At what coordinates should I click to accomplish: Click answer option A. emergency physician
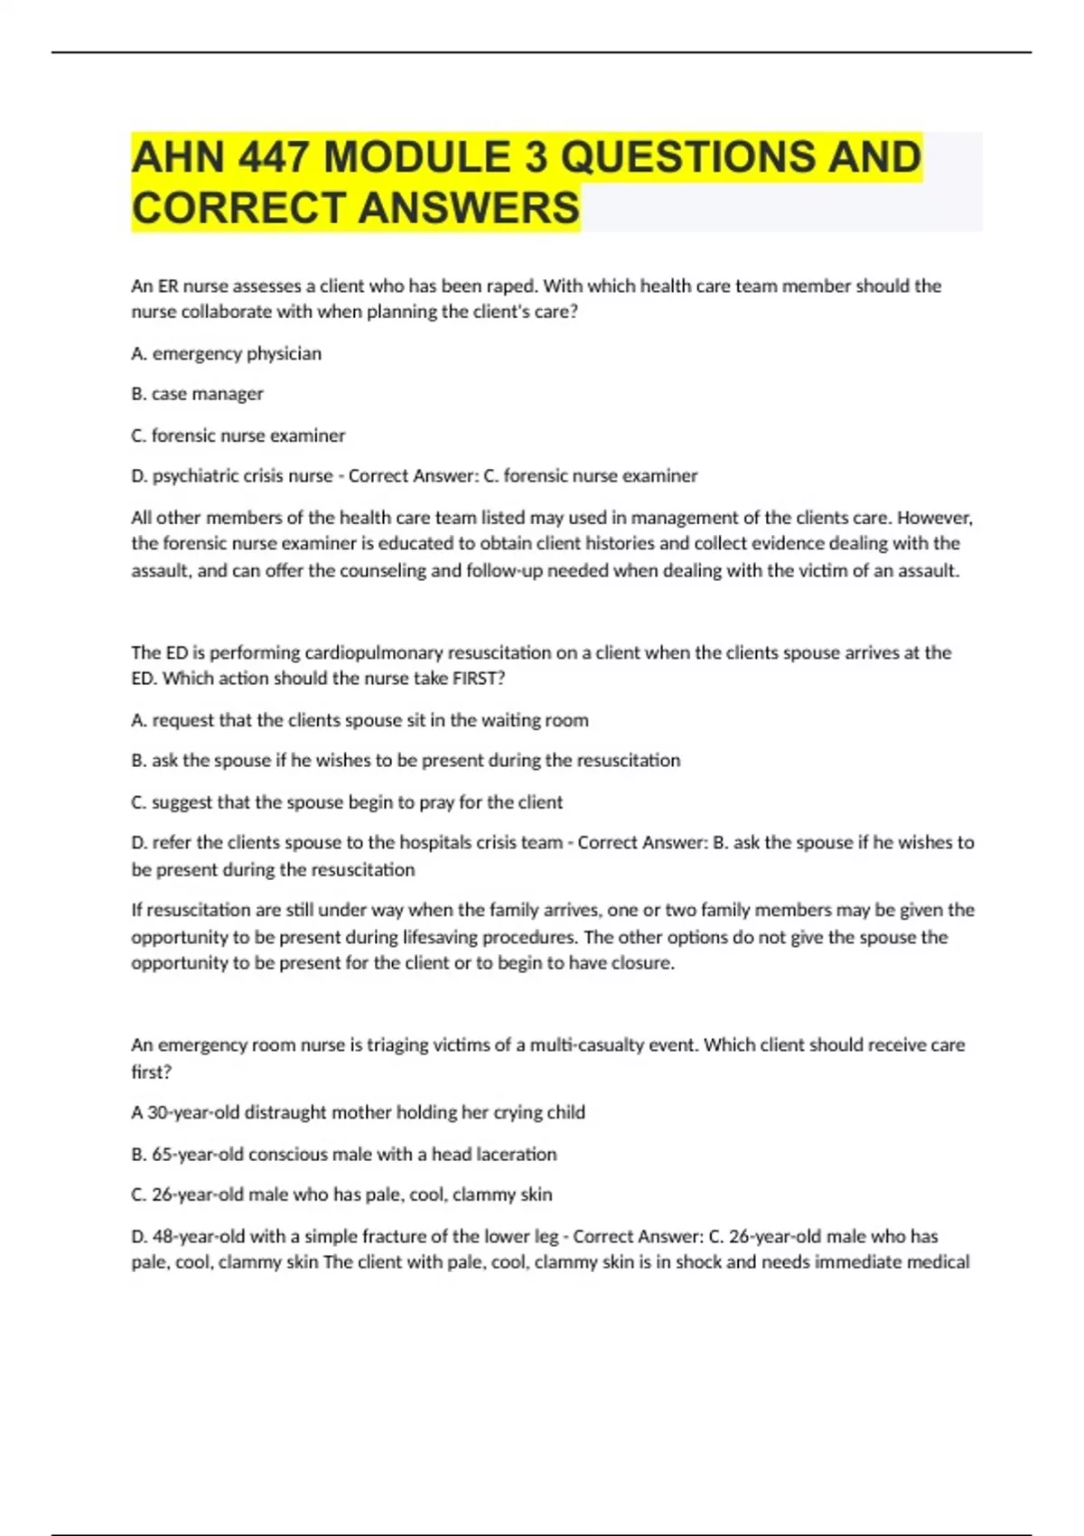(x=226, y=353)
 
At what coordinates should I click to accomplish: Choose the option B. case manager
(x=197, y=394)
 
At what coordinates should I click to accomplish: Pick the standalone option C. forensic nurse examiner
(x=238, y=436)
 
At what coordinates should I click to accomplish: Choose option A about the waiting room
(x=360, y=720)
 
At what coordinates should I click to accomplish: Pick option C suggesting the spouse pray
(x=347, y=802)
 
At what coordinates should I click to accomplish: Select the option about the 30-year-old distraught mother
(x=358, y=1112)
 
